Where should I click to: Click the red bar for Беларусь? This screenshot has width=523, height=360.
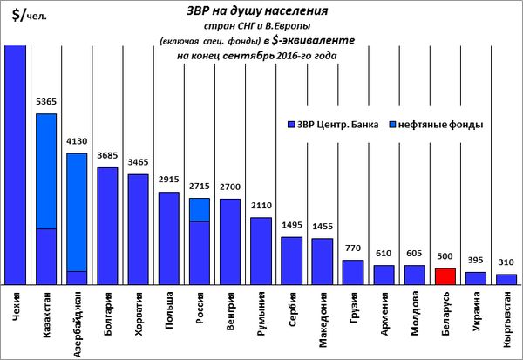click(x=445, y=275)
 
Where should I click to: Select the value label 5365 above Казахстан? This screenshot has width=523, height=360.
click(x=46, y=101)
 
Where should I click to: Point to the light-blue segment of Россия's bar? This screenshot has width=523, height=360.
click(x=200, y=209)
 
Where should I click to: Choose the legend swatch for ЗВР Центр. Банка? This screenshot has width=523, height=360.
click(x=290, y=125)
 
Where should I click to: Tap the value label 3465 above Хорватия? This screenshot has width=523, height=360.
click(x=139, y=163)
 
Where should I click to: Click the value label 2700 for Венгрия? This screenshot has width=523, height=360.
click(x=230, y=187)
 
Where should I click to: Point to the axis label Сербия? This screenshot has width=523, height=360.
click(x=291, y=315)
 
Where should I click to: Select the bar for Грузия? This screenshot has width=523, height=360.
click(x=353, y=271)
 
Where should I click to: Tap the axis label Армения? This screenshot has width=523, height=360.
click(x=384, y=314)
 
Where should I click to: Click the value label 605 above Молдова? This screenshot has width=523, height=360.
click(x=414, y=254)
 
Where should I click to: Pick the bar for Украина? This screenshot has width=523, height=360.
click(x=475, y=277)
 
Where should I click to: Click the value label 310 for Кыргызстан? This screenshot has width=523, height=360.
click(x=506, y=262)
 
